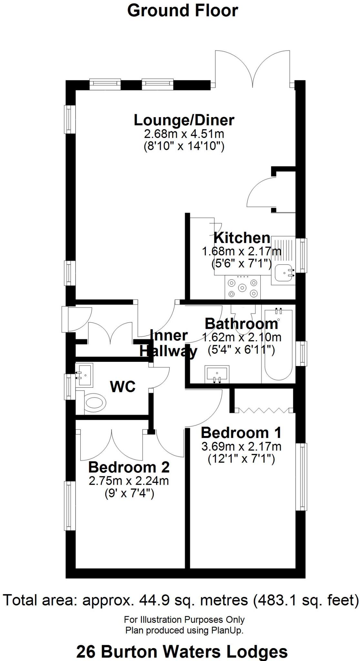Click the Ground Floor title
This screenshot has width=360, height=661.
point(183,11)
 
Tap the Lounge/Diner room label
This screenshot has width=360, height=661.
point(184,120)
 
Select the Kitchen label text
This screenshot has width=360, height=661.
point(242,238)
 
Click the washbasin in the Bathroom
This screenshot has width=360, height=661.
point(216,374)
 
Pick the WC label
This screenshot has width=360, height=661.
point(123,387)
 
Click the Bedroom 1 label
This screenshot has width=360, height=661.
point(241,433)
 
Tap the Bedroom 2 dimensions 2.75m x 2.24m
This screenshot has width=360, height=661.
point(129,481)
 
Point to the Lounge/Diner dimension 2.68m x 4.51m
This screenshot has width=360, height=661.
point(184,134)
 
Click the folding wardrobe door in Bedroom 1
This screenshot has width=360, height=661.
point(264,410)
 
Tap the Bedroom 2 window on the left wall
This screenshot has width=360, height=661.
point(68,506)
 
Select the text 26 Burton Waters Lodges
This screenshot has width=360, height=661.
point(182,652)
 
